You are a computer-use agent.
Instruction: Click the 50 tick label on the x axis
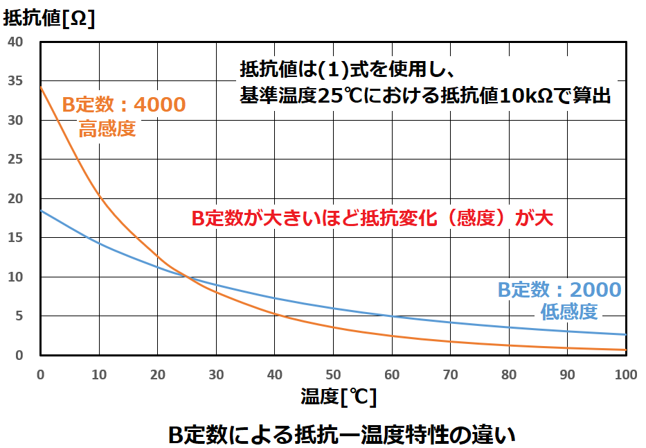(333, 374)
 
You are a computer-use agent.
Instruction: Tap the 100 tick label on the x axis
(625, 374)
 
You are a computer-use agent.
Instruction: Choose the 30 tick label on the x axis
(216, 374)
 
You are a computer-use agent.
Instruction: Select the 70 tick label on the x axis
(450, 374)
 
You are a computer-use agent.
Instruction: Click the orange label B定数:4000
(124, 105)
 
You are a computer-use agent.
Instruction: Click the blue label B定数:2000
(559, 290)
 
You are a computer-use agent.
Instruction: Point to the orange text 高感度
(107, 130)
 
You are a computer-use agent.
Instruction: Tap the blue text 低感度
(568, 312)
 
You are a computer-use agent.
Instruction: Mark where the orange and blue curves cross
(187, 277)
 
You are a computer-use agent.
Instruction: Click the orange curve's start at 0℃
(42, 87)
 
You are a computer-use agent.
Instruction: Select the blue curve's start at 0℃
(42, 211)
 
